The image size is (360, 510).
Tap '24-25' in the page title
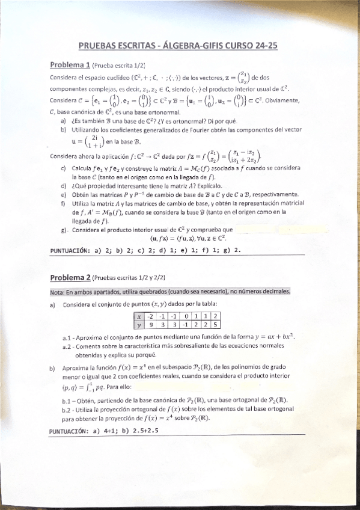tap(265, 45)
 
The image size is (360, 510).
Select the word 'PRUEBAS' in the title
tap(98, 45)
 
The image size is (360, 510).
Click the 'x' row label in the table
tap(139, 316)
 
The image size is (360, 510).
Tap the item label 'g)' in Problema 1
tap(64, 230)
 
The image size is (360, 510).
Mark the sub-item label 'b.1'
tap(68, 400)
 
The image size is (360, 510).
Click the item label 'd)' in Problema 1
tap(64, 186)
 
